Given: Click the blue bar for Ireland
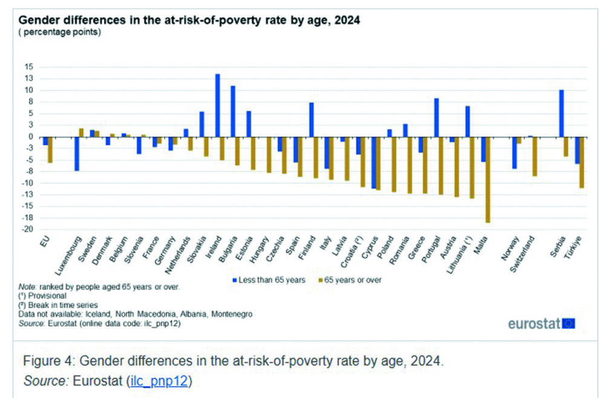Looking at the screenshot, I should coord(217,106).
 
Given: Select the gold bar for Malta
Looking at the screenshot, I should coord(487,180).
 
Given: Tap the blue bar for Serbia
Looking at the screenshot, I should coord(561,114).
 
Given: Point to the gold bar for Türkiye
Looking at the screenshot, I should coord(581,163).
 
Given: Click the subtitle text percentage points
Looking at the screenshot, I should coord(60,31).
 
